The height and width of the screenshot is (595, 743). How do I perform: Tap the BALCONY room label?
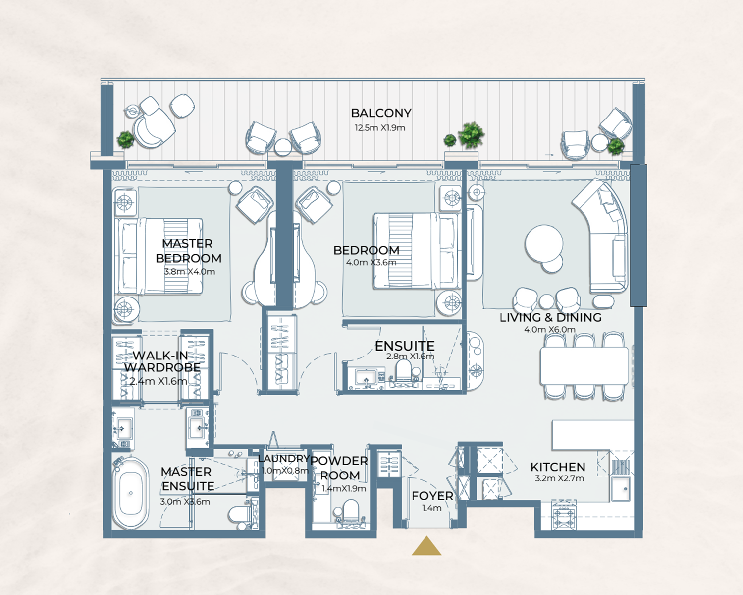[381, 113]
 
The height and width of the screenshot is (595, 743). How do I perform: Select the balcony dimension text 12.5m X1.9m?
[380, 128]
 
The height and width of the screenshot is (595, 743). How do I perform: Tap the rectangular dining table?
[584, 366]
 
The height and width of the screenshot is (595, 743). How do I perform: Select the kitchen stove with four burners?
[564, 515]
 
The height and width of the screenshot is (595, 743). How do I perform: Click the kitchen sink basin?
[621, 489]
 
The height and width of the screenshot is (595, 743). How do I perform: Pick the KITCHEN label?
[558, 467]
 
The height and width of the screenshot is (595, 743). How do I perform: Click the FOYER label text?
[432, 496]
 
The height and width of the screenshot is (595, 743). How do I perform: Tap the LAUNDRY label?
[284, 459]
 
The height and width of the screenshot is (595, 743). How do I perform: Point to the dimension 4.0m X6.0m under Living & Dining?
[550, 329]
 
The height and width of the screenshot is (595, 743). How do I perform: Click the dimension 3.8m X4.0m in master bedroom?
[190, 272]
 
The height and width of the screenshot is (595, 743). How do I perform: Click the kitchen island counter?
[592, 435]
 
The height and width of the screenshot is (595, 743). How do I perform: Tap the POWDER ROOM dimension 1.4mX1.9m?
[344, 489]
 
